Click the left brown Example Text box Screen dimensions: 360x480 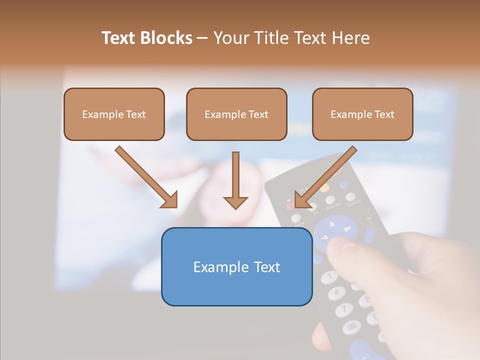[x=114, y=114]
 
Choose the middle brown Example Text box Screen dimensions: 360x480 [x=236, y=114]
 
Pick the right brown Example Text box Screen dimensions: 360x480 [x=362, y=114]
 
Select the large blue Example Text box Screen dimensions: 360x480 [x=236, y=266]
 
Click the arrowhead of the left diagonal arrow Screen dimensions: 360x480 [x=170, y=200]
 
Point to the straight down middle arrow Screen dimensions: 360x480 [x=235, y=180]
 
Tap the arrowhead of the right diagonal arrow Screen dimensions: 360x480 [x=302, y=200]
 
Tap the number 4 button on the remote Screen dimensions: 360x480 [x=336, y=291]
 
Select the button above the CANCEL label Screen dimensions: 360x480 [x=351, y=196]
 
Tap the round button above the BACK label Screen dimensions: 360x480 [x=296, y=218]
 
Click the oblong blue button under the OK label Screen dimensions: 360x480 [x=370, y=234]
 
